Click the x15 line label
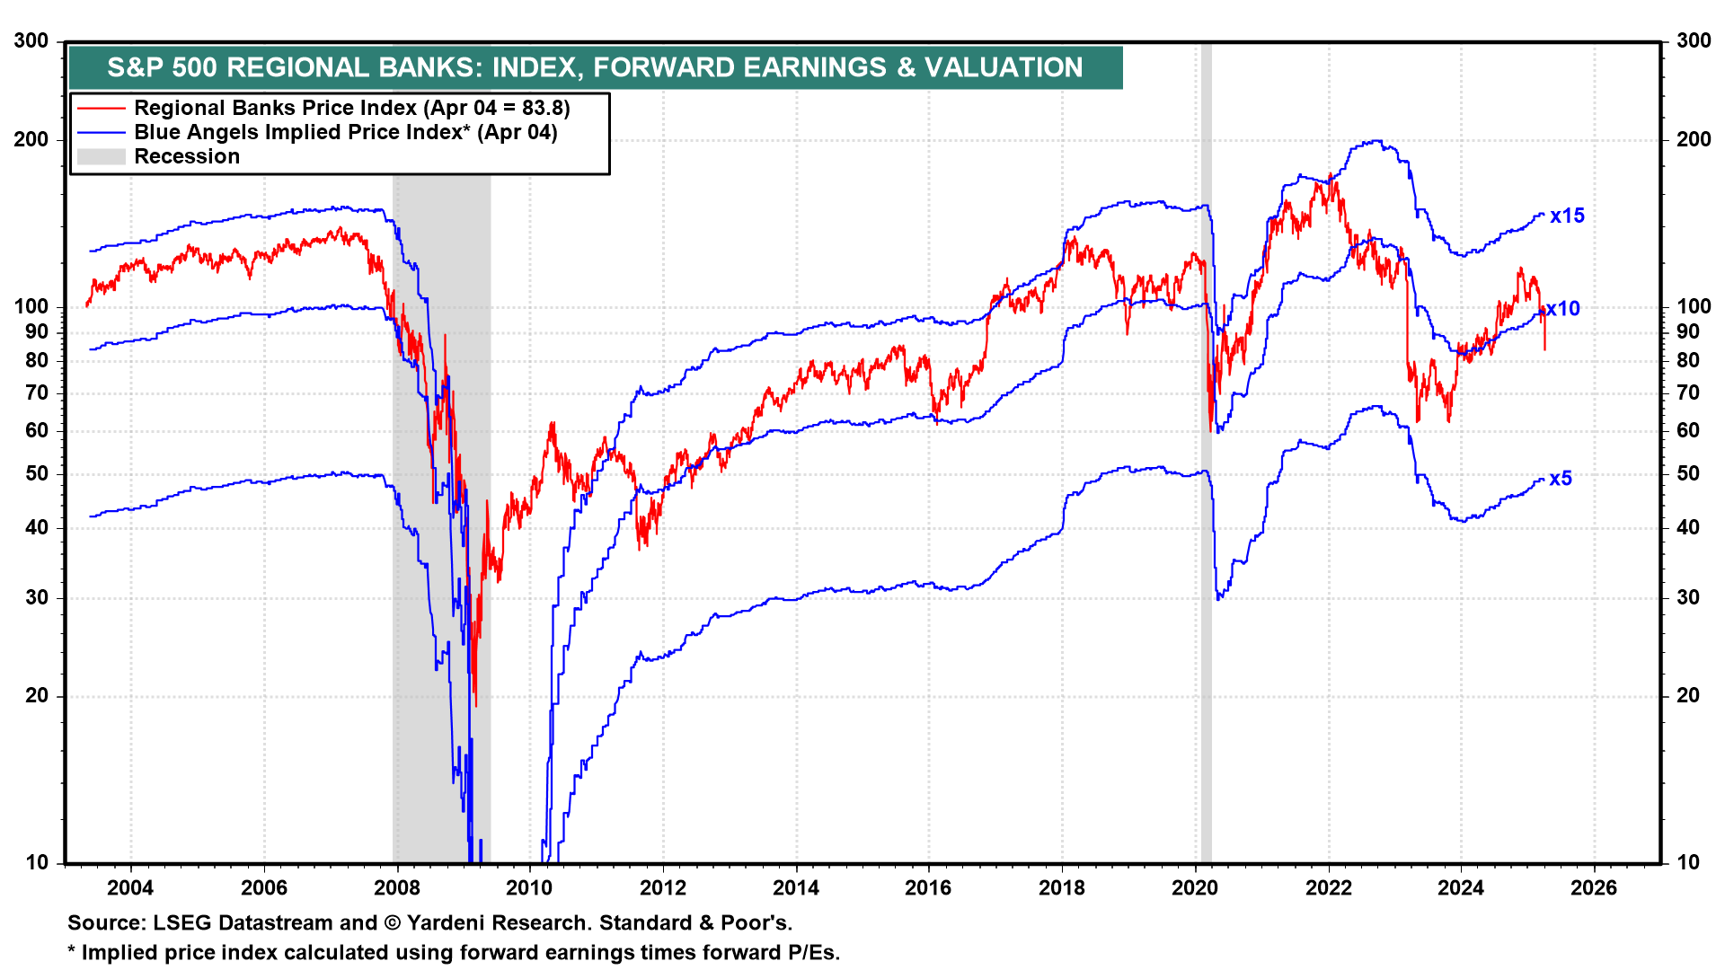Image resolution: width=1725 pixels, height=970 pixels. pos(1567,216)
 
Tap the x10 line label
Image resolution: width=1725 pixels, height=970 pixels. pos(1563,309)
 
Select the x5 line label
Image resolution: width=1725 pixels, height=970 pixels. pos(1561,479)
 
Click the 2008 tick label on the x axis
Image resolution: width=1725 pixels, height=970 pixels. pos(396,888)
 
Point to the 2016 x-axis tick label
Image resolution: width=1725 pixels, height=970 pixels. pos(928,888)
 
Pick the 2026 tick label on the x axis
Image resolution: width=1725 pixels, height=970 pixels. pos(1593,888)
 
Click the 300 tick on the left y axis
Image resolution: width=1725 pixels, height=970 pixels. pos(31,41)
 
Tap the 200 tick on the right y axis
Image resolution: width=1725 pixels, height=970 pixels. pos(1694,139)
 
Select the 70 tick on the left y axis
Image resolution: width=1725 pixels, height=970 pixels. pos(37,392)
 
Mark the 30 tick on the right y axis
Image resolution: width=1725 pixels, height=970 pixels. pos(1688,597)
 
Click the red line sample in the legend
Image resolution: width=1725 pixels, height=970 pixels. pos(101,109)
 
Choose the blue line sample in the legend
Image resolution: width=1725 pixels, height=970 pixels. pos(101,133)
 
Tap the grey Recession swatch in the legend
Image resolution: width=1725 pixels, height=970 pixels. pos(101,157)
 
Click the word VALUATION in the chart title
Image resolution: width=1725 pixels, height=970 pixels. pos(1004,67)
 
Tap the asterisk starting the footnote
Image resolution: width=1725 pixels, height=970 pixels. pos(72,951)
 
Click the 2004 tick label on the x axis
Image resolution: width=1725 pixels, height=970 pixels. pos(130,888)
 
